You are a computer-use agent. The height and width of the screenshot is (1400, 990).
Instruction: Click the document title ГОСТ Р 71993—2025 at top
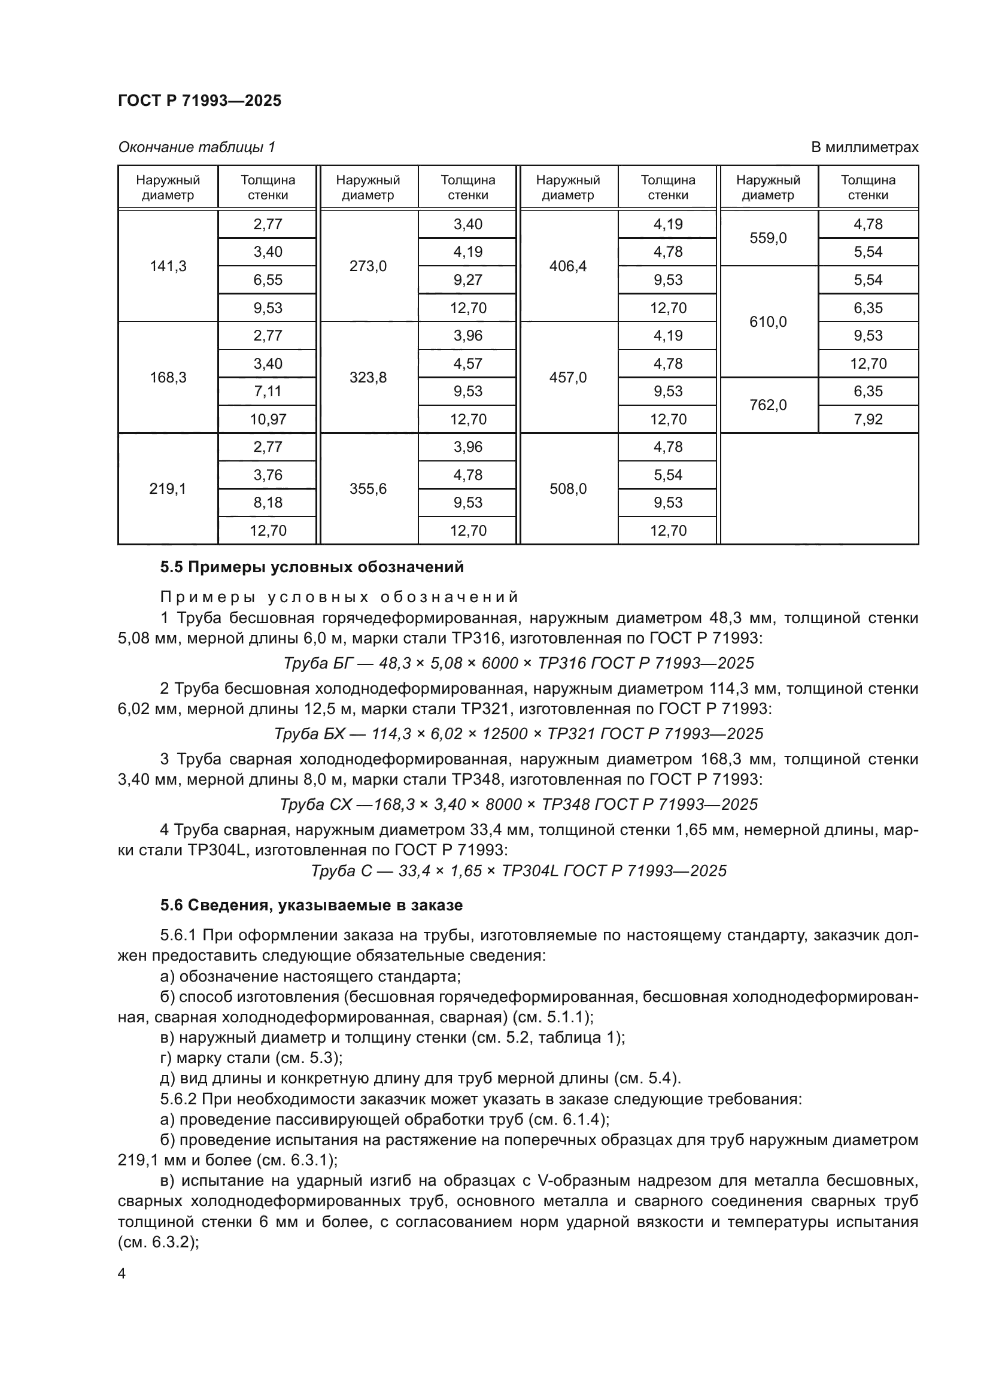tap(199, 101)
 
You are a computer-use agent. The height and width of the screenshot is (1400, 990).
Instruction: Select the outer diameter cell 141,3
tap(168, 266)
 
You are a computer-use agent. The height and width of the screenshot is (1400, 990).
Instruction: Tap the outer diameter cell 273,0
tap(368, 266)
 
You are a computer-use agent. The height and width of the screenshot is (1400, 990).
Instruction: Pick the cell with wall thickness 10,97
tap(268, 419)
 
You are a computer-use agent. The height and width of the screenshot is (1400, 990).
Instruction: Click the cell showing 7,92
tap(867, 419)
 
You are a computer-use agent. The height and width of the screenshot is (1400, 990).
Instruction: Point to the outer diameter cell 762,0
tap(767, 405)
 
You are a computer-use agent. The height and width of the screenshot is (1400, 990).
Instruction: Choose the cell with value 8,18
tap(268, 502)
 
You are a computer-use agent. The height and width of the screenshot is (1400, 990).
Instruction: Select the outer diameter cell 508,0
tap(567, 488)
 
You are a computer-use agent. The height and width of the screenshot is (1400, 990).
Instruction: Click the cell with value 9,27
tap(467, 280)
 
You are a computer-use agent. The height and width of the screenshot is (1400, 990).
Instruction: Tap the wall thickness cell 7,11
tap(268, 391)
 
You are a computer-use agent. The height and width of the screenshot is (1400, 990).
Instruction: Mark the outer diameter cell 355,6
tap(368, 488)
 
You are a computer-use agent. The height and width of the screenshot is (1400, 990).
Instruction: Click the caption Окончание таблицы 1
tap(196, 147)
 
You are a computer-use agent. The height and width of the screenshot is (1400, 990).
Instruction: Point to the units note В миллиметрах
tap(864, 147)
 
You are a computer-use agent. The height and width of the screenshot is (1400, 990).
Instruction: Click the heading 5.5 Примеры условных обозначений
tap(311, 567)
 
